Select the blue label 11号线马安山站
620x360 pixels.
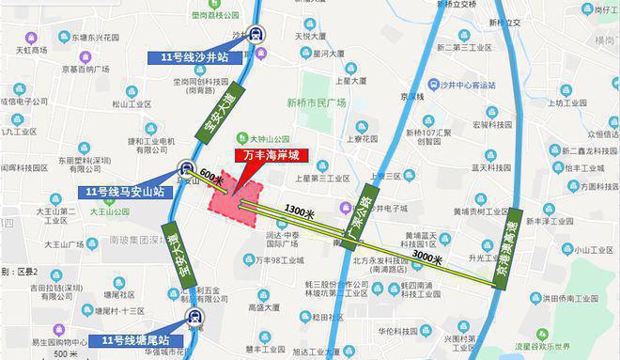pos(125,192)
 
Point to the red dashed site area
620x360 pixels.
pos(233,200)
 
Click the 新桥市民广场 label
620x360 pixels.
pos(317,102)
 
